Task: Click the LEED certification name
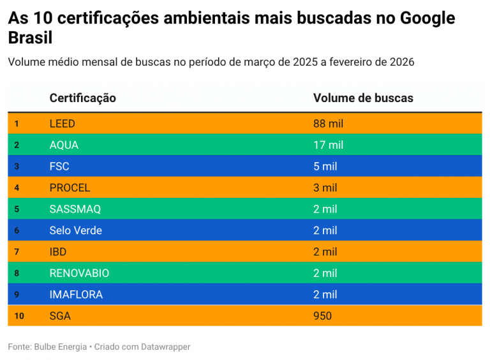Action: (x=62, y=123)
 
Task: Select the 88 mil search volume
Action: (x=328, y=123)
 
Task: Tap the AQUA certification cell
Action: (x=64, y=145)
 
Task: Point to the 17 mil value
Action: (x=328, y=145)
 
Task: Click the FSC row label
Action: (x=59, y=166)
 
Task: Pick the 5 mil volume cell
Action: (x=325, y=166)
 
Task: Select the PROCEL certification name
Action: (x=70, y=188)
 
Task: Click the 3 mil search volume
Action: (x=325, y=188)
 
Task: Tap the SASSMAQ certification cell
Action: (x=75, y=209)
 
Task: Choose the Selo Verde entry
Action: (x=75, y=230)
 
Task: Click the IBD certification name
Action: (x=57, y=251)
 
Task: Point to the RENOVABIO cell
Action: (x=79, y=273)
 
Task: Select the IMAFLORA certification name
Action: (x=75, y=294)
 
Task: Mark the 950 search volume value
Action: (x=322, y=316)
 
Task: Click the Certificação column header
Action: (x=82, y=98)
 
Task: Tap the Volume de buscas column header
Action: (x=363, y=98)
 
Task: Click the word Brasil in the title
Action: (x=30, y=38)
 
